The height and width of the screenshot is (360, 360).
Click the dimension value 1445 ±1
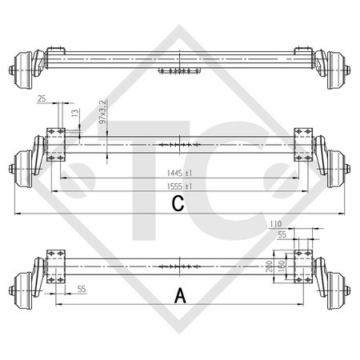pos(178,173)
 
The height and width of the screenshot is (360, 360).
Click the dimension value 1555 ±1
pos(178,186)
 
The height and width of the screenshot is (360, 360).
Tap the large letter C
pos(178,206)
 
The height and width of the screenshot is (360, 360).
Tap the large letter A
pos(179,295)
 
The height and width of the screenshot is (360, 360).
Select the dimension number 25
pos(41,98)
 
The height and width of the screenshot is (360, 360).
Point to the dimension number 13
pos(75,114)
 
